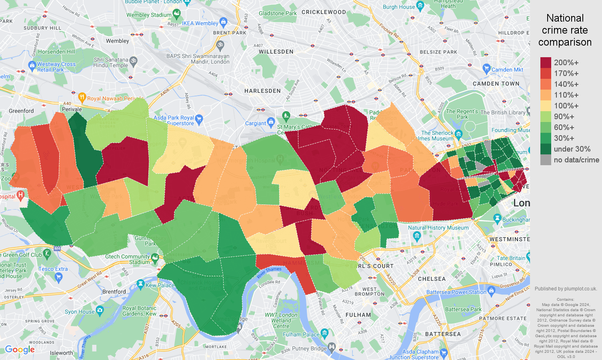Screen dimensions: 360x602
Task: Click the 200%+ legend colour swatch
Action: tap(546, 62)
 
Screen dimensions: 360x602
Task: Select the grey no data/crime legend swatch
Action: tap(546, 160)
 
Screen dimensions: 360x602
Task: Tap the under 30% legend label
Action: tap(572, 149)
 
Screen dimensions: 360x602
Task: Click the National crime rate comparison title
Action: tap(565, 30)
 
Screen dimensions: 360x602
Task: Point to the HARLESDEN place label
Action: tap(262, 91)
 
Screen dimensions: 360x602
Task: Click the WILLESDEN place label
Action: tap(276, 52)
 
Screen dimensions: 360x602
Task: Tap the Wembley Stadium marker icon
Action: tap(177, 15)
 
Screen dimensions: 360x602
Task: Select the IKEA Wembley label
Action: tap(200, 23)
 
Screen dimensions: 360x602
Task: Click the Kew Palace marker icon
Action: tap(140, 285)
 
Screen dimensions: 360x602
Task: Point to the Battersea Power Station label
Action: tap(456, 292)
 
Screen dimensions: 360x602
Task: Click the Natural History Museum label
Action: tap(438, 228)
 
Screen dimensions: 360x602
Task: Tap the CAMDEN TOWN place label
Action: tap(496, 84)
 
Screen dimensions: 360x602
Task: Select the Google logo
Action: tap(20, 350)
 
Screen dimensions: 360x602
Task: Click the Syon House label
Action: tap(80, 312)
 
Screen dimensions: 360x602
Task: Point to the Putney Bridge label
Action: tap(309, 348)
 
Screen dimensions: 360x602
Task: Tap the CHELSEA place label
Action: tap(432, 279)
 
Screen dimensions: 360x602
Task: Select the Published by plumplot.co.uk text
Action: tap(566, 288)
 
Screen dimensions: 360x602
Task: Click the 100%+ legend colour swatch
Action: tap(546, 106)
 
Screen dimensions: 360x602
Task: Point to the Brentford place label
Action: tap(114, 292)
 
